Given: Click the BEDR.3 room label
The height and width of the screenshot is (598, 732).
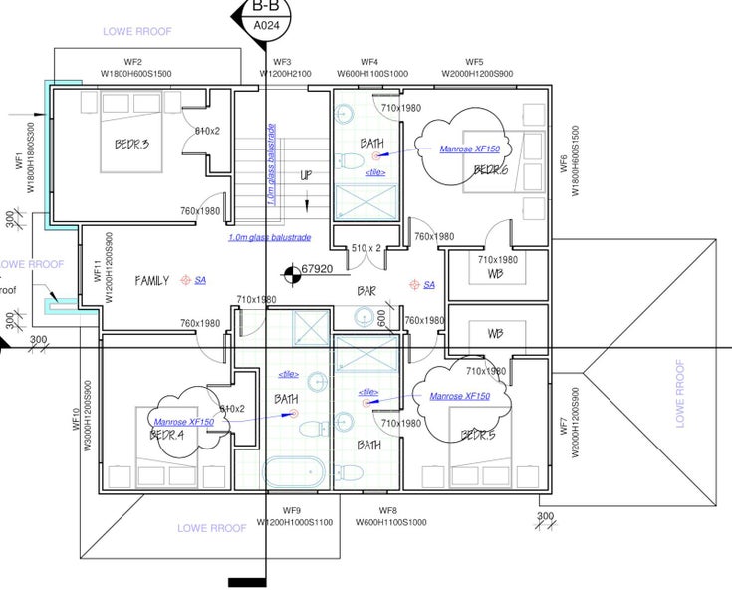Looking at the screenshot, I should pos(131,145).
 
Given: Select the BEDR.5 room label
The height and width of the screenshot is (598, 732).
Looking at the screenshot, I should pos(478,435).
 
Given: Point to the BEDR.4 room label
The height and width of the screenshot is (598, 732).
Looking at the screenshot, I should pos(167,435).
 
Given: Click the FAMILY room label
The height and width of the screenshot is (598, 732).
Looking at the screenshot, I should pos(152,281).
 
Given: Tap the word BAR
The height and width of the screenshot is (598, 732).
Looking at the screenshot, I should pos(366,292).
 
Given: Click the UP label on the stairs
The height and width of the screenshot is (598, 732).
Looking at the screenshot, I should pos(307,175).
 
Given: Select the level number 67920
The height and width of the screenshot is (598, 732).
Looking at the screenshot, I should pos(317,269).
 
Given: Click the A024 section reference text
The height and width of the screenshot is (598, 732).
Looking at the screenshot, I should pos(266,25).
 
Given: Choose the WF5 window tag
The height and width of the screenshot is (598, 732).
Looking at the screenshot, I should pos(474,62).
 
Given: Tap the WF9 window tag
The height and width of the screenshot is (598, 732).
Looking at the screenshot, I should pos(291,510).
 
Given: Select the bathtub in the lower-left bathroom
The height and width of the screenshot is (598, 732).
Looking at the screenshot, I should pos(295,471).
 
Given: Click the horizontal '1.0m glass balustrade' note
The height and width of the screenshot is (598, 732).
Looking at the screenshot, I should pos(270,238).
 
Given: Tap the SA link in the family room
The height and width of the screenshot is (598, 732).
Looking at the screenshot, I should pos(200,281).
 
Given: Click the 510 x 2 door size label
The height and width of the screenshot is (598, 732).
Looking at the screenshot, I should pos(367,247).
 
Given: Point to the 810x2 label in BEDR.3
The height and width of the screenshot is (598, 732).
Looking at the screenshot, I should pos(206,131).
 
